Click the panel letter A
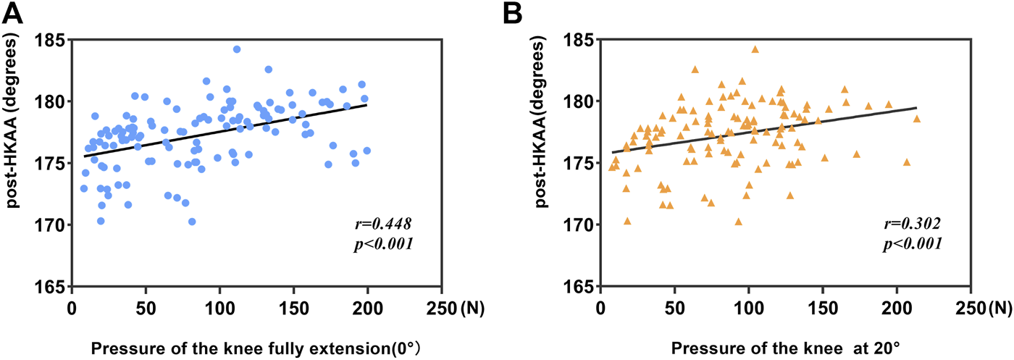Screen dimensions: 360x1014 point(12,12)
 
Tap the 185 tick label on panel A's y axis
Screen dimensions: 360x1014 point(49,39)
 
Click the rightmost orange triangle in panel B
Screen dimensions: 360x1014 point(916,119)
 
